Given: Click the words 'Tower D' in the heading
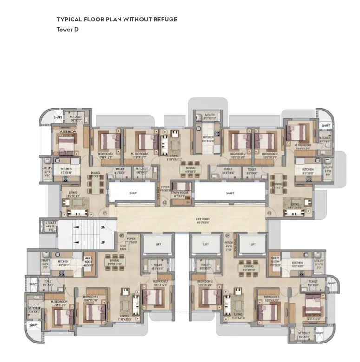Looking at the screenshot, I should click(67, 29).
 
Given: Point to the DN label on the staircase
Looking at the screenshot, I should click(103, 228).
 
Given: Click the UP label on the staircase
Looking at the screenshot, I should click(103, 242).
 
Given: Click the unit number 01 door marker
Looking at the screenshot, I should click(105, 213).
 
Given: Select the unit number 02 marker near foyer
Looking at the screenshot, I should click(164, 203).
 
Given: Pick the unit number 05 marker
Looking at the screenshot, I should click(122, 235).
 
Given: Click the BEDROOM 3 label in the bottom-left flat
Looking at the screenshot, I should click(91, 298).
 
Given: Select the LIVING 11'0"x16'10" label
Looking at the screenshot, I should click(174, 158).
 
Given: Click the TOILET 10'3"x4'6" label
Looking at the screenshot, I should click(228, 171).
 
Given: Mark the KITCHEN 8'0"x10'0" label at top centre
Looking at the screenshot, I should click(208, 139).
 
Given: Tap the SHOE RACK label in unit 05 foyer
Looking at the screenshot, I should click(123, 248).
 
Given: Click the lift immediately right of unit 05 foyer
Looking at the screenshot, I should click(158, 244).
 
